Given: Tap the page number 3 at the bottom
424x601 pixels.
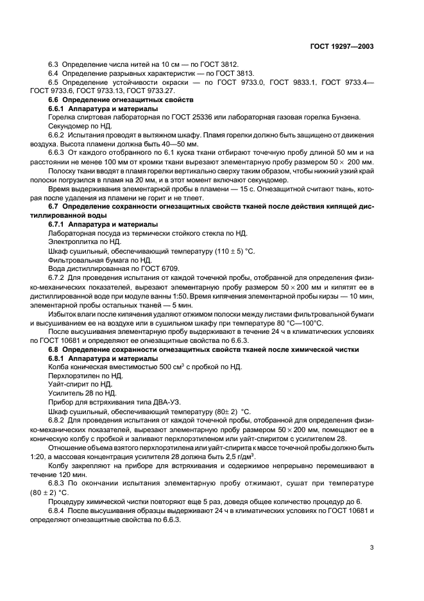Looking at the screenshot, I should pyautogui.click(x=373, y=547).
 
